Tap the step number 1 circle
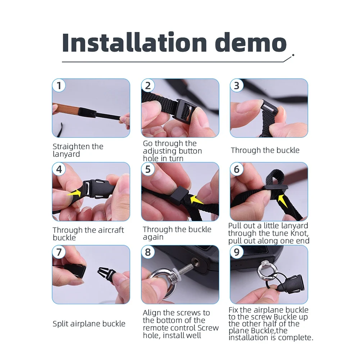pos(59,85)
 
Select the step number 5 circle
pos(148,169)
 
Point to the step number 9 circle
pos(237,252)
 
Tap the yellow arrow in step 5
pos(197,199)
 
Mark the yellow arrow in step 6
pos(282,200)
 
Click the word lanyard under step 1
pos(66,154)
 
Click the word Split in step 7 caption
pos(60,324)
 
